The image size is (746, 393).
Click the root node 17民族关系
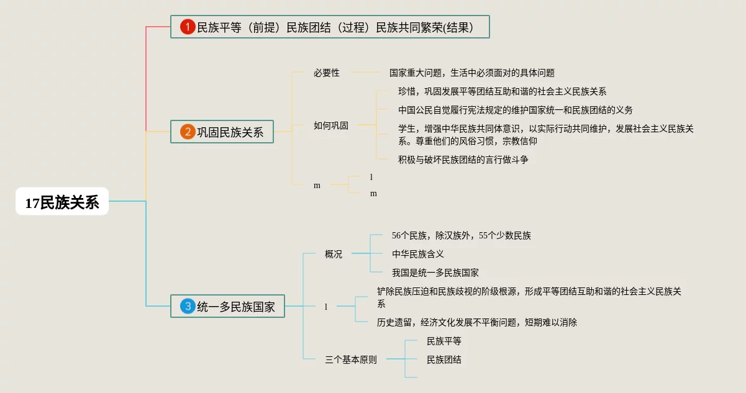[x=62, y=202]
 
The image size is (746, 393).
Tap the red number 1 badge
[x=188, y=27]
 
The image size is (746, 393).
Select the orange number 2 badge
[x=188, y=132]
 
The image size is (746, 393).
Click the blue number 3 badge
[x=188, y=306]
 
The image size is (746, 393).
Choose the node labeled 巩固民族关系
[x=230, y=132]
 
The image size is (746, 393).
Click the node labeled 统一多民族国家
[x=235, y=306]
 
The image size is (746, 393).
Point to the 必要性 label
[x=326, y=73]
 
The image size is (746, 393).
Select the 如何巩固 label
[x=330, y=125]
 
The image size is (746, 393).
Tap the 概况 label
[x=334, y=254]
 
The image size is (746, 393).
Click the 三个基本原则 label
[x=350, y=359]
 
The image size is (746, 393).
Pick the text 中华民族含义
[x=417, y=254]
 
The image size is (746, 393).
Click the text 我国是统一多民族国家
[x=435, y=273]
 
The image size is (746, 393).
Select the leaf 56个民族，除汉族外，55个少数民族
[x=461, y=235]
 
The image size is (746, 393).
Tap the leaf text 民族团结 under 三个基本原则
[x=444, y=359]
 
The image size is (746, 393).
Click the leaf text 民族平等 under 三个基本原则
[x=444, y=341]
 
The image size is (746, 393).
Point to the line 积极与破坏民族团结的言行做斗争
[x=463, y=160]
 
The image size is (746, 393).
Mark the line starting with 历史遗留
[x=476, y=322]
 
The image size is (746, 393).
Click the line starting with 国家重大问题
[x=471, y=73]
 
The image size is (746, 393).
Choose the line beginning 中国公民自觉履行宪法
[x=515, y=110]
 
